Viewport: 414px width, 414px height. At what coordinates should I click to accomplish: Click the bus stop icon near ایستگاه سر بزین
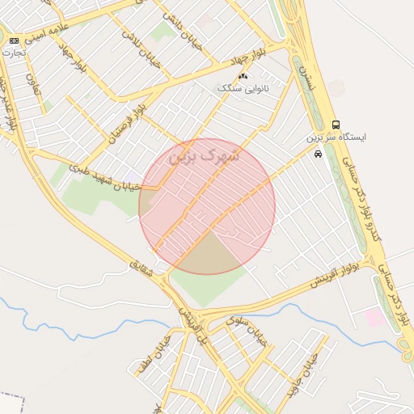336,124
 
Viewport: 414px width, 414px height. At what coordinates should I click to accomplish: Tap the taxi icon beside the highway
318,153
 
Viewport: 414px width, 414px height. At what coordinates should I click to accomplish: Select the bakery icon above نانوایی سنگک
243,76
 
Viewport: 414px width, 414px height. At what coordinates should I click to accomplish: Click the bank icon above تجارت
14,40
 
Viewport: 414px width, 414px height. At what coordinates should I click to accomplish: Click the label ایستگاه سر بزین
336,137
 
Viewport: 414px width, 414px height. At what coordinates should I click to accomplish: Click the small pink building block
374,317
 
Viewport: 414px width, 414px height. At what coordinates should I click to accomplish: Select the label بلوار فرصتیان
129,121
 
